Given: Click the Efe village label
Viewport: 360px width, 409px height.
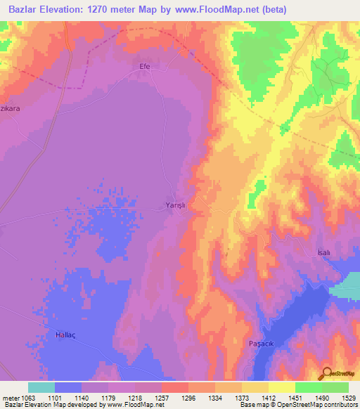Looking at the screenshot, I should (146, 66).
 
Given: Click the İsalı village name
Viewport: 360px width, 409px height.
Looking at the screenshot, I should (323, 252).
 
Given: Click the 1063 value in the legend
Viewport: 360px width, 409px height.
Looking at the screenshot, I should (29, 397).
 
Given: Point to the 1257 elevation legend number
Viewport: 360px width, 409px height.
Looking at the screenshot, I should (162, 397).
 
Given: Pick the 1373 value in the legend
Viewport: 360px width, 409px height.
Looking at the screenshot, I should (242, 397).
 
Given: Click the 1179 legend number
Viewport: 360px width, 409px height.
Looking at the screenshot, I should (109, 397).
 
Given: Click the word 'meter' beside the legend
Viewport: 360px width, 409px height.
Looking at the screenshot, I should (10, 397).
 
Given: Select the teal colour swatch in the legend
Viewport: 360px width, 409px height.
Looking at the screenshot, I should (41, 387).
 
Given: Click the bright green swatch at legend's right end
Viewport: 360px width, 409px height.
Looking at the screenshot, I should (335, 387).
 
